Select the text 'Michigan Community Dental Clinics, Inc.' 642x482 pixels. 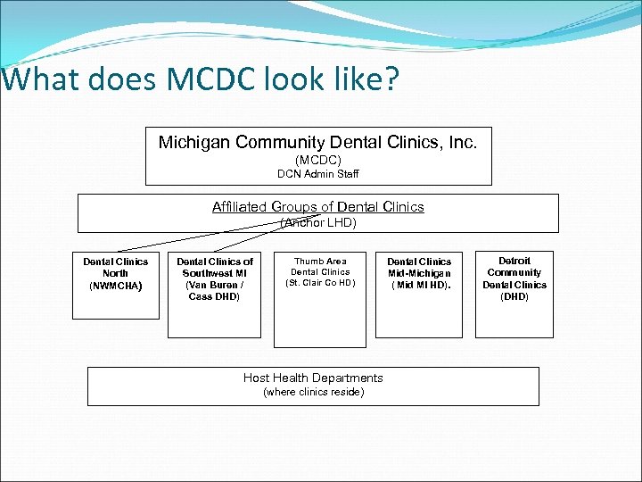pyautogui.click(x=318, y=142)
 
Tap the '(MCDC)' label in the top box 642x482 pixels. pyautogui.click(x=318, y=160)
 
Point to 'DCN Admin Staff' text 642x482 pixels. pyautogui.click(x=318, y=173)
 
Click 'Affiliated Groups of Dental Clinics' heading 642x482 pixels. pyautogui.click(x=318, y=207)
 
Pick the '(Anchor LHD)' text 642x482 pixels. pyautogui.click(x=318, y=222)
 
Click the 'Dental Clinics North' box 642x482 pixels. pyautogui.click(x=116, y=286)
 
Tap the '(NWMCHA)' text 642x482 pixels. pyautogui.click(x=116, y=286)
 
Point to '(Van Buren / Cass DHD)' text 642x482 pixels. pyautogui.click(x=215, y=290)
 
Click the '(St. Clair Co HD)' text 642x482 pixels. pyautogui.click(x=320, y=283)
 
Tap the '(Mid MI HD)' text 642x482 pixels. pyautogui.click(x=420, y=286)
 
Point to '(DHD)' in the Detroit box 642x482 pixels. pyautogui.click(x=514, y=296)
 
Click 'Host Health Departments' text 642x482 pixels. pyautogui.click(x=313, y=378)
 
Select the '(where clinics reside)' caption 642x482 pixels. pyautogui.click(x=313, y=392)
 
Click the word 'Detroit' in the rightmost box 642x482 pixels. pyautogui.click(x=514, y=261)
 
